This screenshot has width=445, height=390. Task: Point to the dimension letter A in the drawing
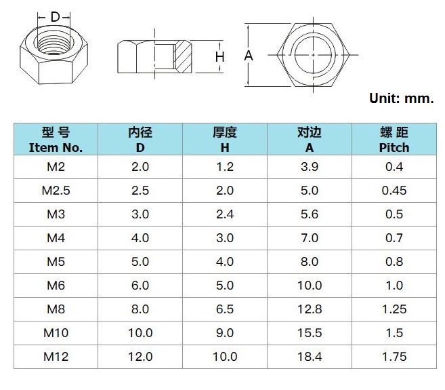click(x=249, y=56)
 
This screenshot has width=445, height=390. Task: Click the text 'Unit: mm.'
click(x=401, y=98)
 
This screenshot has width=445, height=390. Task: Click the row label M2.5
click(x=56, y=191)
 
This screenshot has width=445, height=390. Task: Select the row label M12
click(x=56, y=356)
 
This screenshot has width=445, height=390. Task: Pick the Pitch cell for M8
click(x=394, y=309)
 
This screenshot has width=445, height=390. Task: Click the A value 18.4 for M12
click(x=309, y=356)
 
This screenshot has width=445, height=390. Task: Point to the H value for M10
click(x=224, y=332)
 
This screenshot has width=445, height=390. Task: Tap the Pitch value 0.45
click(x=394, y=191)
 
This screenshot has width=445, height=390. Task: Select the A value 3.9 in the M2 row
click(x=309, y=167)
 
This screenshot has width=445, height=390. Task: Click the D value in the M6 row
click(x=140, y=286)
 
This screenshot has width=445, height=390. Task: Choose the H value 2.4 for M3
click(x=224, y=214)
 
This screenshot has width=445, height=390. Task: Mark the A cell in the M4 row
click(x=309, y=238)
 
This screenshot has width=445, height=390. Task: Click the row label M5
click(x=56, y=262)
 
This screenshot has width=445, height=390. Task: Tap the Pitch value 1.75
click(x=394, y=356)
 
